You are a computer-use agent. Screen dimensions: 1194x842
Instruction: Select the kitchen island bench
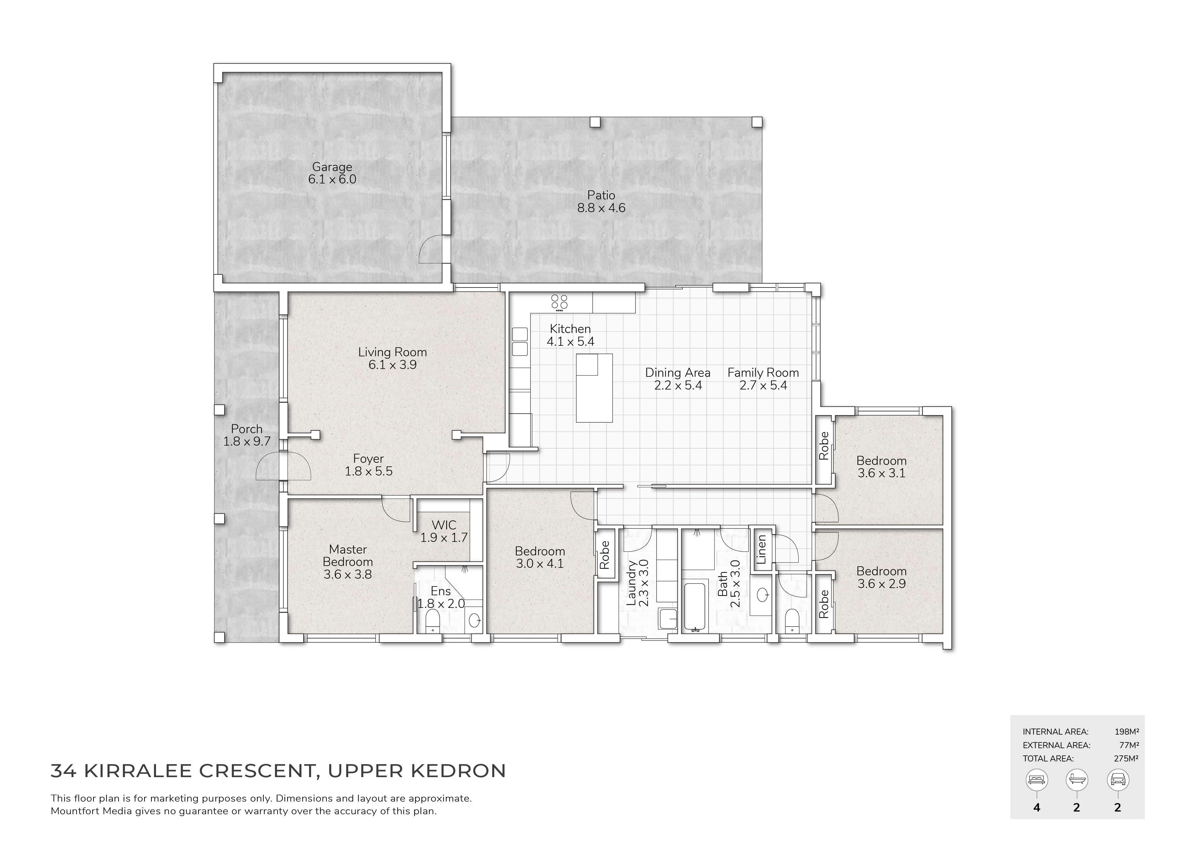(594, 388)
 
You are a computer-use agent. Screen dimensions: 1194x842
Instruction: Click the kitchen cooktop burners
(559, 303)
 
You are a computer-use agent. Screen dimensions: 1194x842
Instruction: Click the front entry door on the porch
(283, 466)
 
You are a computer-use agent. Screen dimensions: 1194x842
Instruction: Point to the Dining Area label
(678, 379)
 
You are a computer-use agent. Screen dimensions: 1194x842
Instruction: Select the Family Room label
(763, 379)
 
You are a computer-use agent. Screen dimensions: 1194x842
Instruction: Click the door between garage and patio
(434, 249)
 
